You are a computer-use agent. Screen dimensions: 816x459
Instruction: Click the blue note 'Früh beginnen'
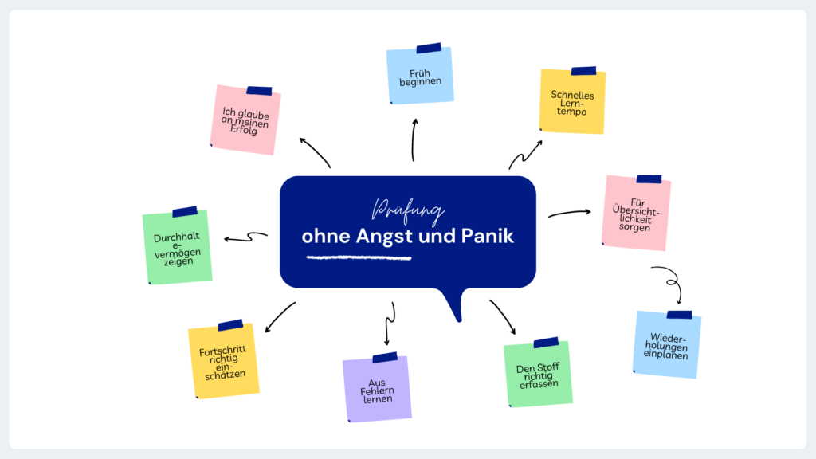click(420, 76)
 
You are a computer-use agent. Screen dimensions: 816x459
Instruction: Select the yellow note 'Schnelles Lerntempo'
click(572, 101)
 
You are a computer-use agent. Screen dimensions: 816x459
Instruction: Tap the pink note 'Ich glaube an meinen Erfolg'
click(245, 120)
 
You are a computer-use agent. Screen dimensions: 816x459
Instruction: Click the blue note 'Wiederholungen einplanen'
click(667, 344)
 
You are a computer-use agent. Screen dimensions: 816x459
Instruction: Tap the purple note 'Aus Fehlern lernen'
click(377, 389)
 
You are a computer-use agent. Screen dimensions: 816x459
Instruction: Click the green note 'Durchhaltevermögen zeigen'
click(178, 247)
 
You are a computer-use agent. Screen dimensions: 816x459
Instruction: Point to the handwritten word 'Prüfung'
click(408, 210)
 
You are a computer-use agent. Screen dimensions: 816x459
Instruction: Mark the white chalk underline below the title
click(359, 257)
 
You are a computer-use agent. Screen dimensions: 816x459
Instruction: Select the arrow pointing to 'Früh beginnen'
click(414, 140)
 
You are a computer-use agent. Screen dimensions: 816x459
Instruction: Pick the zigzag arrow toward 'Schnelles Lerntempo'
click(524, 155)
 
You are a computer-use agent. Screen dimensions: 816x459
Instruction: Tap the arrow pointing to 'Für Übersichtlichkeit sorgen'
click(569, 212)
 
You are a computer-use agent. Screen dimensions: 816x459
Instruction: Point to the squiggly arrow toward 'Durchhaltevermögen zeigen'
click(245, 237)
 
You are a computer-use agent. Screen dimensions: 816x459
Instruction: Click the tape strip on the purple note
click(385, 358)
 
